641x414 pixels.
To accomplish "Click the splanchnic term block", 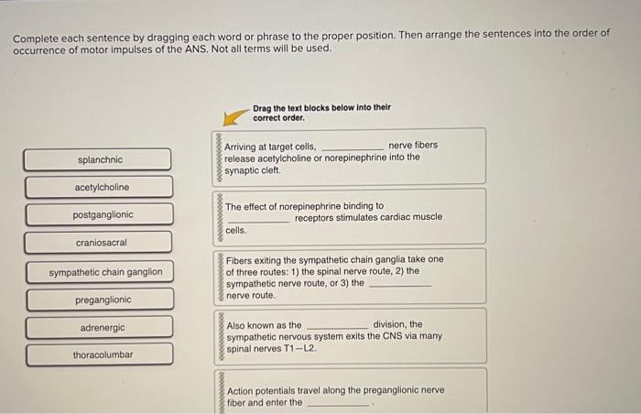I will click(x=98, y=159).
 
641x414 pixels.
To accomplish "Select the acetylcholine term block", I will click(x=98, y=187).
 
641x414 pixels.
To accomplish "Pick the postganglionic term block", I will click(x=98, y=215).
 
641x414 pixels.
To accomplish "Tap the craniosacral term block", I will click(x=98, y=243).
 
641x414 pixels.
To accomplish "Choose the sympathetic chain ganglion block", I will click(x=98, y=271).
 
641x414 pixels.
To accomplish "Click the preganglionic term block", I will click(x=98, y=300).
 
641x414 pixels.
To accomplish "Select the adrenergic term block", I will click(x=98, y=327).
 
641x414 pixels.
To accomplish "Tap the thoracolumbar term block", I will click(x=98, y=354).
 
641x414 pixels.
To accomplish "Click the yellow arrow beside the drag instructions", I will click(x=237, y=116).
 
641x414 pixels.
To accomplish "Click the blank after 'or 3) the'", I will click(x=399, y=285).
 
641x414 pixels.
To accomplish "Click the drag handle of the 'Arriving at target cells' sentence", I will click(x=220, y=157).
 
